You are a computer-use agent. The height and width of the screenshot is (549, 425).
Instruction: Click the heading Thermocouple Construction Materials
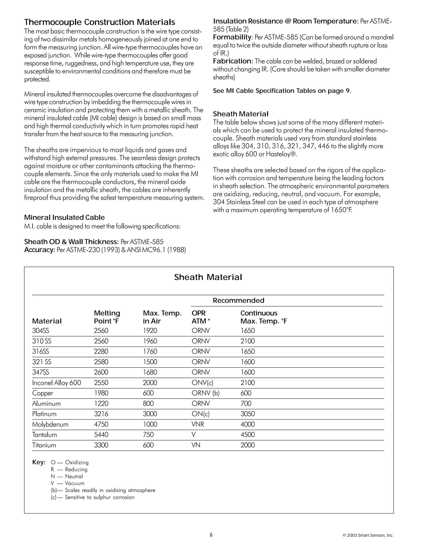click(x=99, y=22)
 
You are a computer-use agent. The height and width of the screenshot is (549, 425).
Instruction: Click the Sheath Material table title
click(x=208, y=277)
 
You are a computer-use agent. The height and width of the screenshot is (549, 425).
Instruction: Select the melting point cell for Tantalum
click(x=101, y=435)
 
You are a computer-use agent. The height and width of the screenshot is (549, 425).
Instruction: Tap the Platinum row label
click(x=44, y=414)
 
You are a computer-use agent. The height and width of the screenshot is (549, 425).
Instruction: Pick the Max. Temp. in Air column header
click(x=162, y=317)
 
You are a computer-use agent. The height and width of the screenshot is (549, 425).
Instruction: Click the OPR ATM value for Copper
click(x=205, y=393)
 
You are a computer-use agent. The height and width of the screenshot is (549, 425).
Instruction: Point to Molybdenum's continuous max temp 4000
click(x=248, y=424)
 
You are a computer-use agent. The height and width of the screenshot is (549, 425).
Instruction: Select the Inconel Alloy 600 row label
click(x=56, y=383)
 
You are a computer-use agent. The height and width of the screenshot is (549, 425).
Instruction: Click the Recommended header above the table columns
click(x=238, y=300)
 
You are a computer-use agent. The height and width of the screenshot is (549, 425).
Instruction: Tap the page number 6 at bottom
click(x=211, y=535)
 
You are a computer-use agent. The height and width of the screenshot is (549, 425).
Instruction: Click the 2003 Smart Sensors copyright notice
click(x=368, y=535)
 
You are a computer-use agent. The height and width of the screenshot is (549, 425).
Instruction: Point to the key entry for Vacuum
click(x=67, y=483)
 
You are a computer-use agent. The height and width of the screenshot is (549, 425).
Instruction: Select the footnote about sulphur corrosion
click(x=93, y=497)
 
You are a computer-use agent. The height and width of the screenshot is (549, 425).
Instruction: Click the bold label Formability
click(x=232, y=37)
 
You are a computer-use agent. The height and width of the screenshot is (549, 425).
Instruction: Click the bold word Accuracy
click(x=39, y=250)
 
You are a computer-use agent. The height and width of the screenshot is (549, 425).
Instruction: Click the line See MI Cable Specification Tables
click(x=282, y=91)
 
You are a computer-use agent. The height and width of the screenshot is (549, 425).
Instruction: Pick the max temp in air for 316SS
click(x=150, y=351)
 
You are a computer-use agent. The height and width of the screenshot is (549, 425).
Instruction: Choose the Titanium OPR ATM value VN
click(x=196, y=445)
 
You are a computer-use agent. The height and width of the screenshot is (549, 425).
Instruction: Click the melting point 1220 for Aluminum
click(x=101, y=403)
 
